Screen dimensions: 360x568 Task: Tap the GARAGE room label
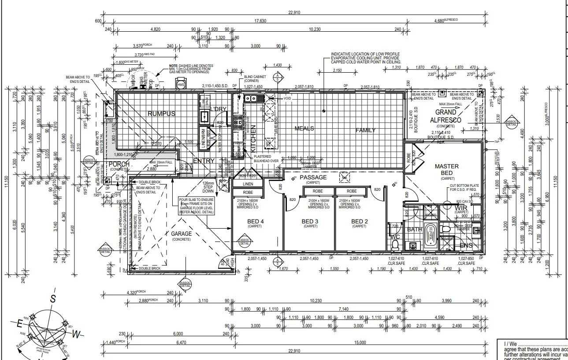click(182, 234)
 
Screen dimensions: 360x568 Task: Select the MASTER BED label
click(447, 169)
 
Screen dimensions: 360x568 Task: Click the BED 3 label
click(310, 221)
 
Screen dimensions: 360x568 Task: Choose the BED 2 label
click(359, 221)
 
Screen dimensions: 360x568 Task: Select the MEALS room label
click(304, 129)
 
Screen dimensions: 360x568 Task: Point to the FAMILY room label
click(366, 130)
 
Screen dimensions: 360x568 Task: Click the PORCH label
click(119, 164)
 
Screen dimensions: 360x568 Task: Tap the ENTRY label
click(204, 161)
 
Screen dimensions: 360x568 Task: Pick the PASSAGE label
click(313, 177)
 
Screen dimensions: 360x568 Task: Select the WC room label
click(394, 237)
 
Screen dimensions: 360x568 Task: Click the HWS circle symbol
click(181, 84)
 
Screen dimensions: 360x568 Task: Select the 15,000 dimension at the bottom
click(360, 343)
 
